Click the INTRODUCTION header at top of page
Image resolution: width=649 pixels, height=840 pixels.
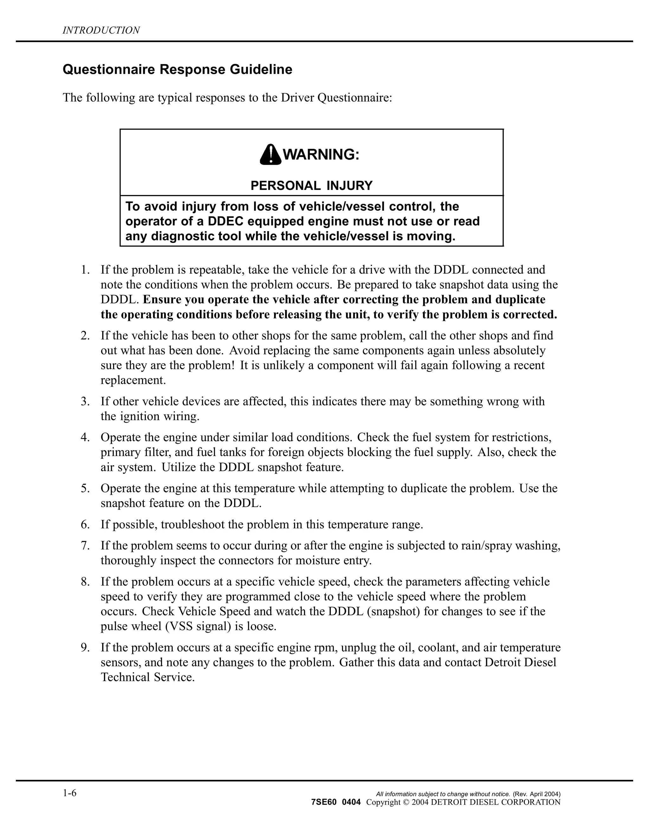pyautogui.click(x=101, y=30)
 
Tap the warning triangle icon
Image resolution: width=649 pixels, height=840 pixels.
pyautogui.click(x=270, y=155)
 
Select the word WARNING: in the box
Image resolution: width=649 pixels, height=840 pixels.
pyautogui.click(x=321, y=155)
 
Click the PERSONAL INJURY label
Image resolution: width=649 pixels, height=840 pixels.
pyautogui.click(x=312, y=186)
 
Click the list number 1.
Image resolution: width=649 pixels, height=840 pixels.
pyautogui.click(x=85, y=270)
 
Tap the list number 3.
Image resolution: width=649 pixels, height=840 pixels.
pyautogui.click(x=85, y=402)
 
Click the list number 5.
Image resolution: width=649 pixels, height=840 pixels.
pyautogui.click(x=85, y=488)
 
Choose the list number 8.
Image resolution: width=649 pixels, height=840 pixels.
pyautogui.click(x=85, y=582)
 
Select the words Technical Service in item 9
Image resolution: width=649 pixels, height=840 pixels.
pyautogui.click(x=148, y=677)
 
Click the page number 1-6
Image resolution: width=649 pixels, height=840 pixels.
pyautogui.click(x=70, y=793)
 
